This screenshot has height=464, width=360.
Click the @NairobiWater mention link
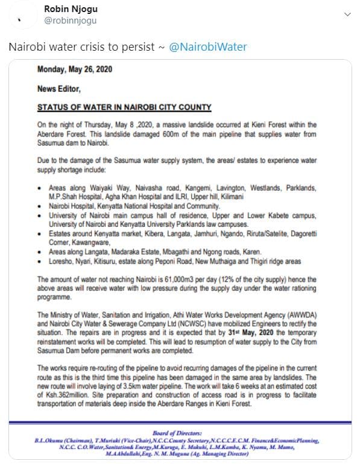(206, 47)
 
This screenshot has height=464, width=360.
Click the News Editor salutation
(58, 89)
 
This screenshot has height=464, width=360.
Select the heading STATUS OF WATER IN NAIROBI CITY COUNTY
(124, 107)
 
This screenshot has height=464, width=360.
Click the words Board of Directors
(179, 432)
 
